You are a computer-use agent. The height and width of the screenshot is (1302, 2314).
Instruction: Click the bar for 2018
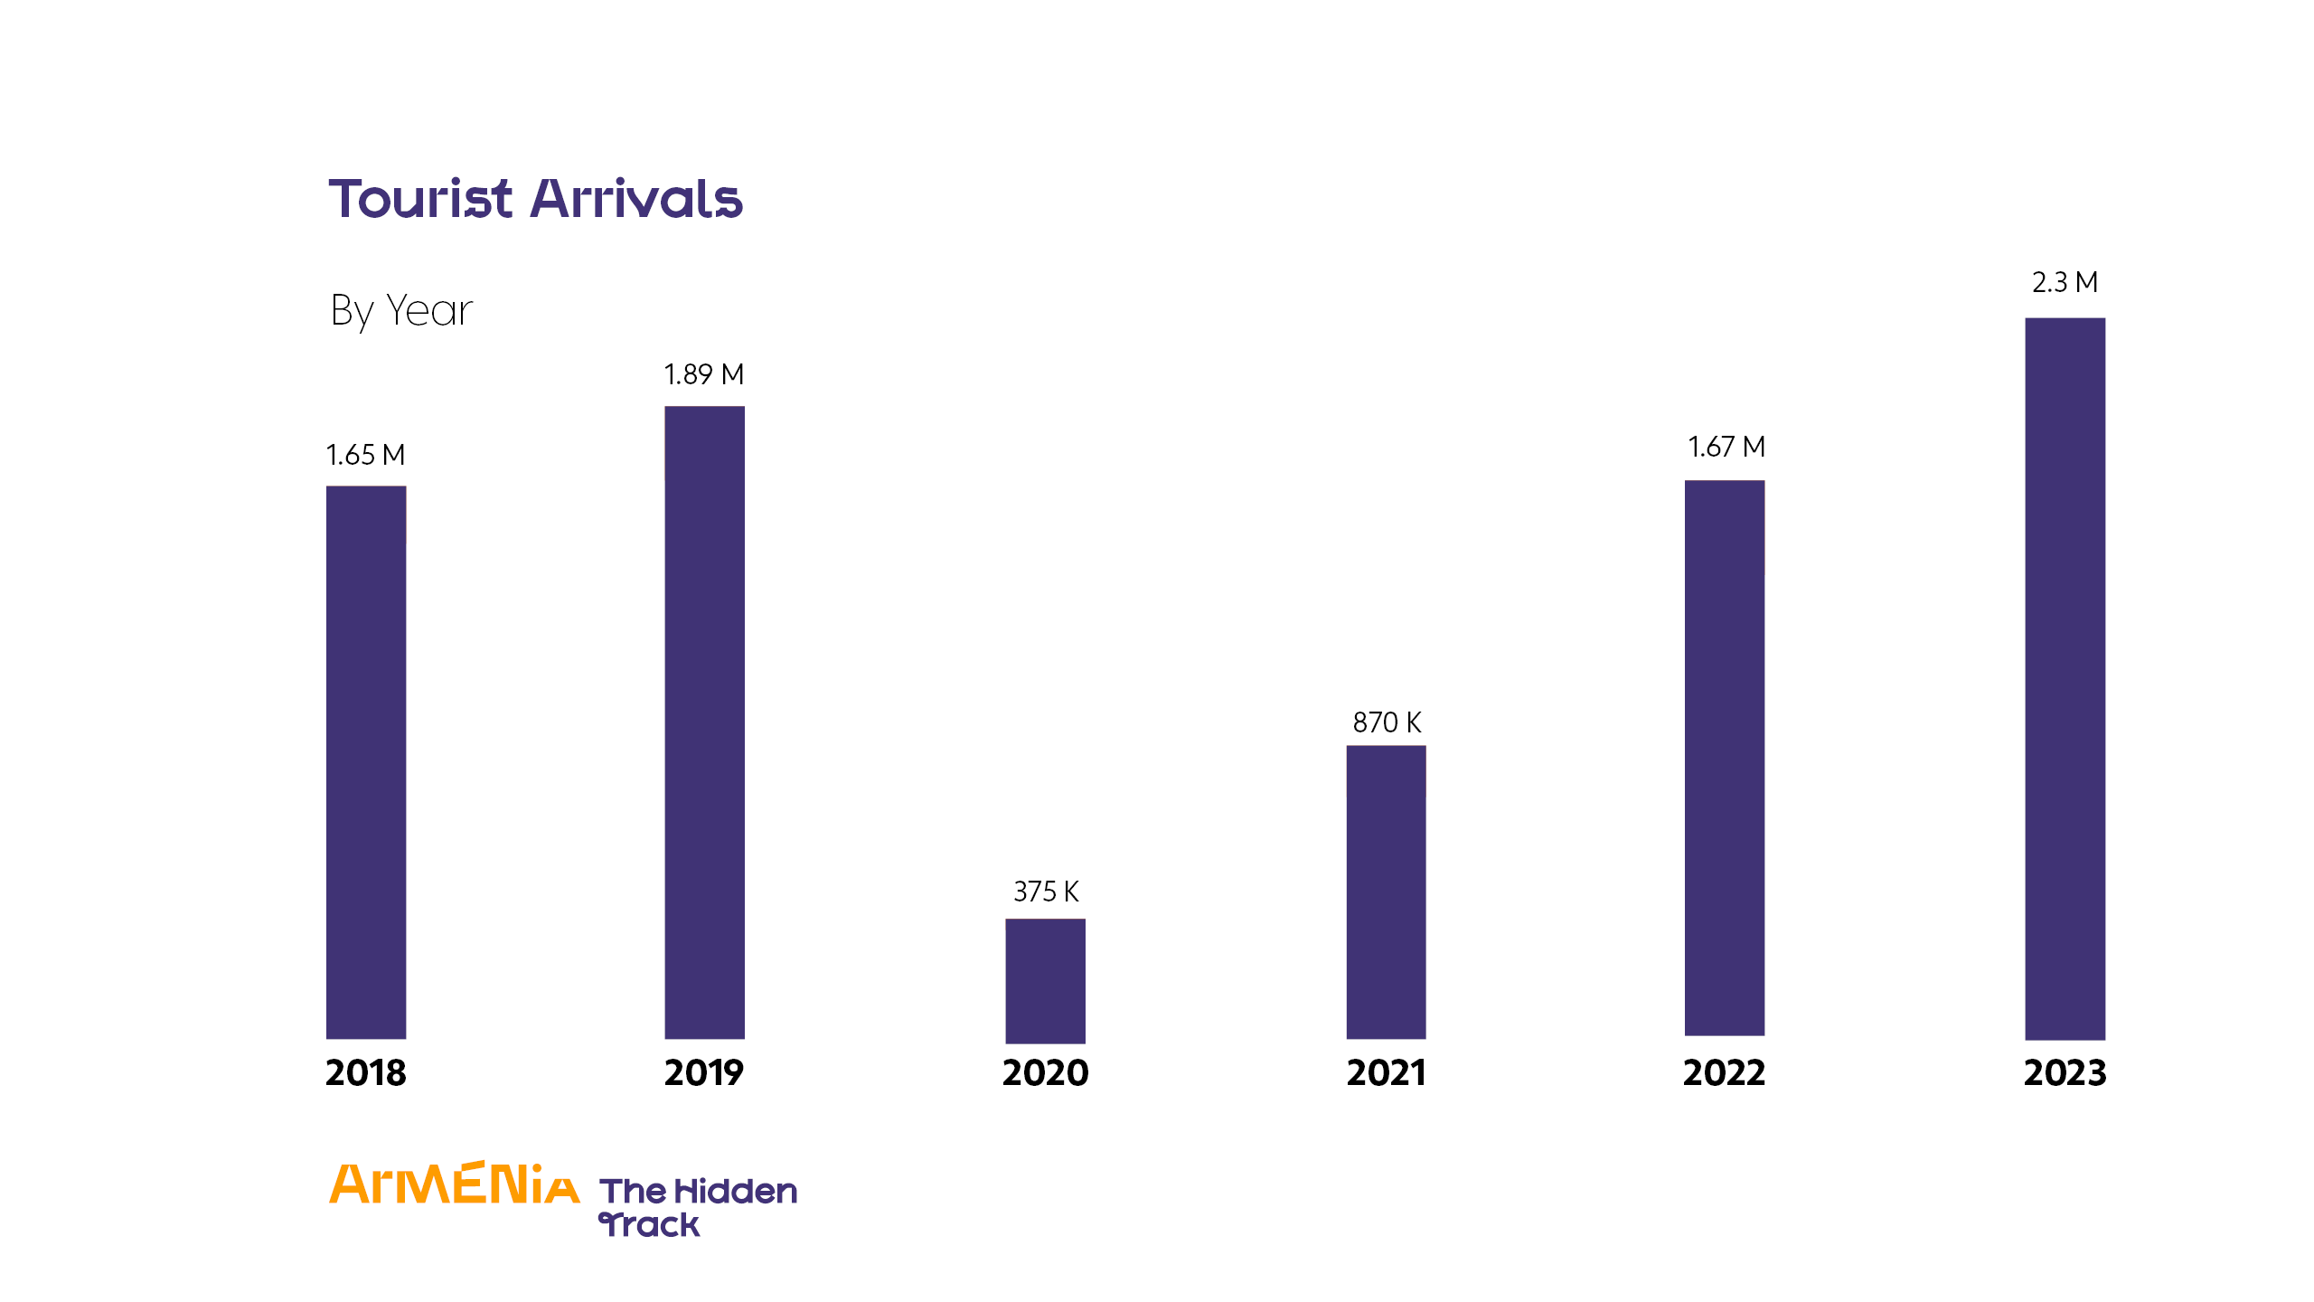point(366,762)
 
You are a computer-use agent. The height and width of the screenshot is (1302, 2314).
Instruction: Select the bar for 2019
point(704,722)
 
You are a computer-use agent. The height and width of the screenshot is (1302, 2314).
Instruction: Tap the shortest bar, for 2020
point(1045,981)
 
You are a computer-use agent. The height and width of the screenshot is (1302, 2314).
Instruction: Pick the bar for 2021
point(1386,892)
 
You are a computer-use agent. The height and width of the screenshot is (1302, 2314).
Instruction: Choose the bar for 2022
point(1725,758)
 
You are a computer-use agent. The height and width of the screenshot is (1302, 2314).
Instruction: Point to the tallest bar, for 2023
point(2065,678)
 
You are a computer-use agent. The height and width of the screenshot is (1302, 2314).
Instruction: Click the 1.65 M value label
point(365,455)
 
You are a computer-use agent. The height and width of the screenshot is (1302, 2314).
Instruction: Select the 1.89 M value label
point(704,374)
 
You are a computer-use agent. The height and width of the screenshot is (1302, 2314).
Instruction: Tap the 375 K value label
point(1046,892)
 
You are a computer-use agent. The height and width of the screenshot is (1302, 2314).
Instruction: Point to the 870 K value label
point(1387,722)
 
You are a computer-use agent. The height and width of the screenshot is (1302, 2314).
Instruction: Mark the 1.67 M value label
point(1726,447)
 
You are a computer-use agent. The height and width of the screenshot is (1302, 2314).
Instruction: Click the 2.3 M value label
point(2065,282)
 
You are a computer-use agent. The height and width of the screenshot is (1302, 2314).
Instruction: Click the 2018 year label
point(366,1073)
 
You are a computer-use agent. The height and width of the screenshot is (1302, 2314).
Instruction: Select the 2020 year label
point(1046,1073)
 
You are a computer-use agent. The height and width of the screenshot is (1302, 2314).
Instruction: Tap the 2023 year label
point(2065,1073)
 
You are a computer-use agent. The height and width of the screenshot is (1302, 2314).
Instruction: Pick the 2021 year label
point(1386,1073)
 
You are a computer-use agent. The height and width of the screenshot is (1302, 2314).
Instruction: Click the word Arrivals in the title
point(636,199)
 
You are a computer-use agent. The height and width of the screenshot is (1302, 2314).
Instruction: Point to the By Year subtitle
point(401,311)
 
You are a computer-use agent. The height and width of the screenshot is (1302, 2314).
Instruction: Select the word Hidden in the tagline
point(736,1192)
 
